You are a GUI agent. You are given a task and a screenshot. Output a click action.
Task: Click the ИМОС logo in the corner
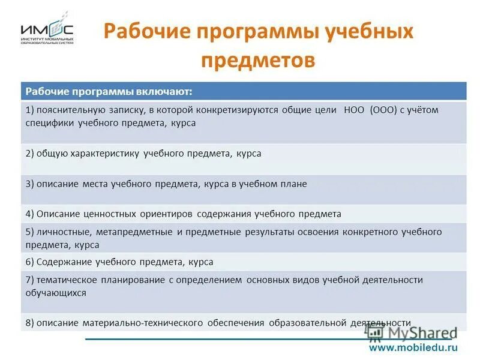47,31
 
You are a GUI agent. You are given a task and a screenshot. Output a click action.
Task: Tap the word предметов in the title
258,59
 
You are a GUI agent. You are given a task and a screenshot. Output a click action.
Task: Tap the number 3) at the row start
29,184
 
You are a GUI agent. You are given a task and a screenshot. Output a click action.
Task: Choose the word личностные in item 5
62,232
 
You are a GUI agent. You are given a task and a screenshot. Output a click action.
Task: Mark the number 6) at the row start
29,262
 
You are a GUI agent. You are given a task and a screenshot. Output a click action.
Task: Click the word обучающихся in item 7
55,293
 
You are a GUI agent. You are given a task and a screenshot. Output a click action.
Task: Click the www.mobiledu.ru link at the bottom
413,347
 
